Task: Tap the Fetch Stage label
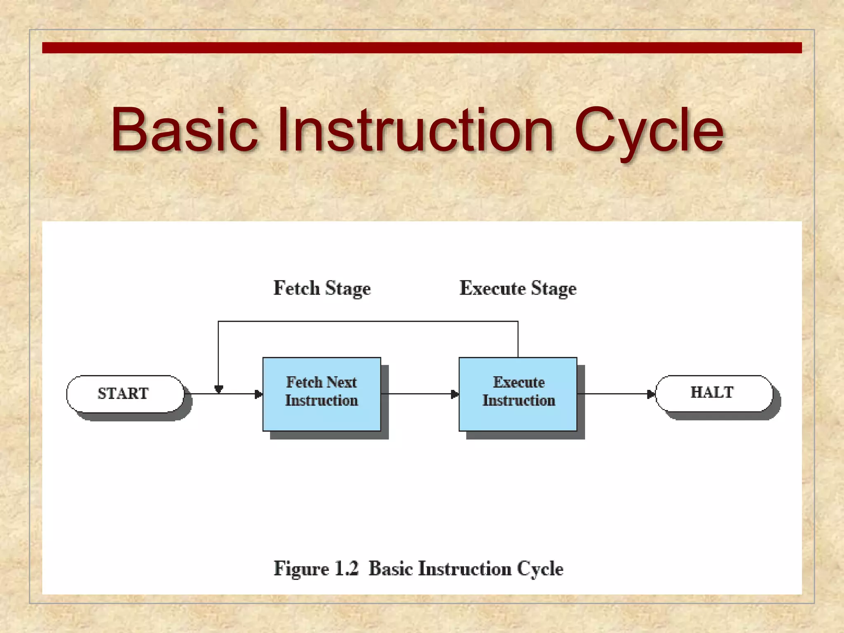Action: click(x=322, y=288)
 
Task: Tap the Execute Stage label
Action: click(x=518, y=288)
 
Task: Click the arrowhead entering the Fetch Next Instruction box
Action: click(x=259, y=394)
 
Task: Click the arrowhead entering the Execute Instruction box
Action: click(x=455, y=394)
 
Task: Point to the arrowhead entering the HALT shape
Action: click(x=651, y=394)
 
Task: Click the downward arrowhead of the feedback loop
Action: click(x=219, y=389)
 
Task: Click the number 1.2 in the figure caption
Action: click(x=346, y=569)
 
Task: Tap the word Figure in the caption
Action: click(x=301, y=569)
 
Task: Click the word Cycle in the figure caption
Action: click(x=540, y=569)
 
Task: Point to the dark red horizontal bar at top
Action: click(x=422, y=47)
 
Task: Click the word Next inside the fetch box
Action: click(x=342, y=382)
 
